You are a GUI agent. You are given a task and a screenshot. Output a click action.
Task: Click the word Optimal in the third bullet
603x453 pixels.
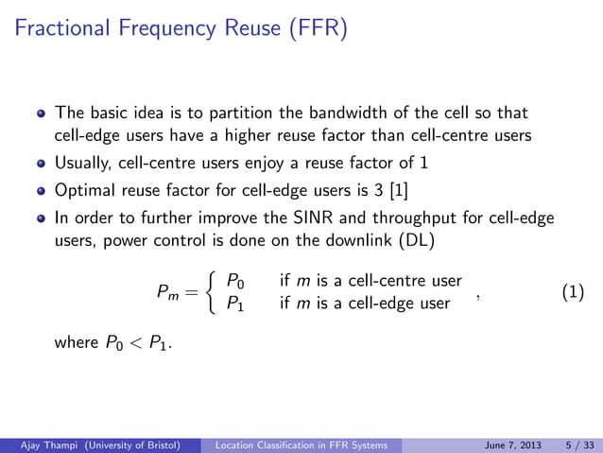(84, 190)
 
